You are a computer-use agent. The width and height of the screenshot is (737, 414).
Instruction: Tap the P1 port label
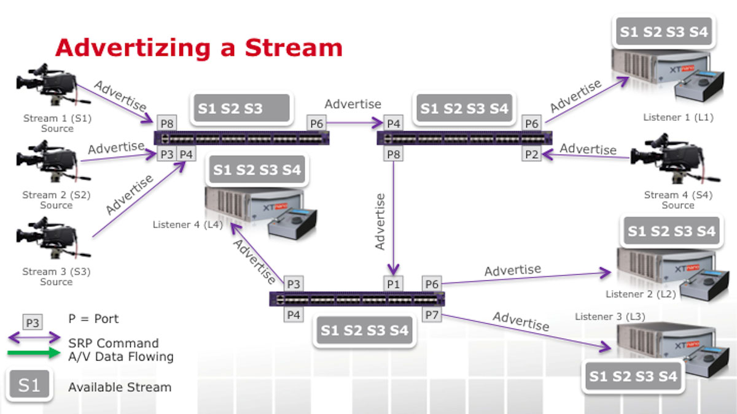click(393, 283)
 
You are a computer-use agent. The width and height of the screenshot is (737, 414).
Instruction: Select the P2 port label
click(531, 154)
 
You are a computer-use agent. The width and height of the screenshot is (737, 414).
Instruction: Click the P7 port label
click(432, 315)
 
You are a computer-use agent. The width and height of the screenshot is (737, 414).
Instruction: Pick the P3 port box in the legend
click(33, 322)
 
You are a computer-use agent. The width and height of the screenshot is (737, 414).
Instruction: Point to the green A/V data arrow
click(34, 353)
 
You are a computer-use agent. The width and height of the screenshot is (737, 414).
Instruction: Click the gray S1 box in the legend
click(29, 386)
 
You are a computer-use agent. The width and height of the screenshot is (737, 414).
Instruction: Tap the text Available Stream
click(120, 387)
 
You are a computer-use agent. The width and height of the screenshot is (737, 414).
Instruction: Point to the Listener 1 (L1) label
click(678, 117)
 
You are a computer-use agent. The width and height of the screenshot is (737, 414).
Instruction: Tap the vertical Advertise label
click(380, 221)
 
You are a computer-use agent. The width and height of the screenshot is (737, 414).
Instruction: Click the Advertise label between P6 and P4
click(353, 104)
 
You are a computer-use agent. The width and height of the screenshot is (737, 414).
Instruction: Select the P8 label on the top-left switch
click(166, 124)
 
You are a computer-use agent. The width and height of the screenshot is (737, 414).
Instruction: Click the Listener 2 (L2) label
click(641, 294)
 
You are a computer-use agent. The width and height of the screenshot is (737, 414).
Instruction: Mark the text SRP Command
click(113, 343)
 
